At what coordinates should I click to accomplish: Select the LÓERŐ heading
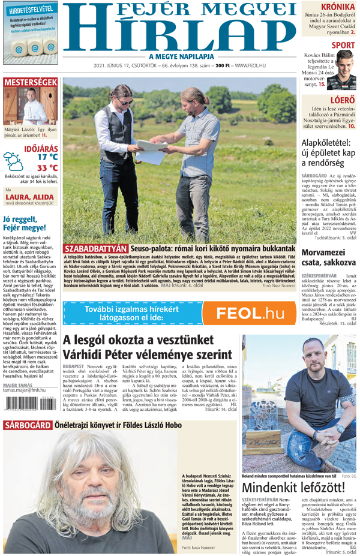point(343,100)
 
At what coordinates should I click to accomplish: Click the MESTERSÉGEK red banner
point(30,82)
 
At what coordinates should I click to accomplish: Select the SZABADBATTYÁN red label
point(96,248)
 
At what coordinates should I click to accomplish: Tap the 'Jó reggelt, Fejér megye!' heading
point(25,223)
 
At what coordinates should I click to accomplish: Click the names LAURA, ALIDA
point(26,196)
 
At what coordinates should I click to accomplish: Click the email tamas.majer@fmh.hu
point(24,390)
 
